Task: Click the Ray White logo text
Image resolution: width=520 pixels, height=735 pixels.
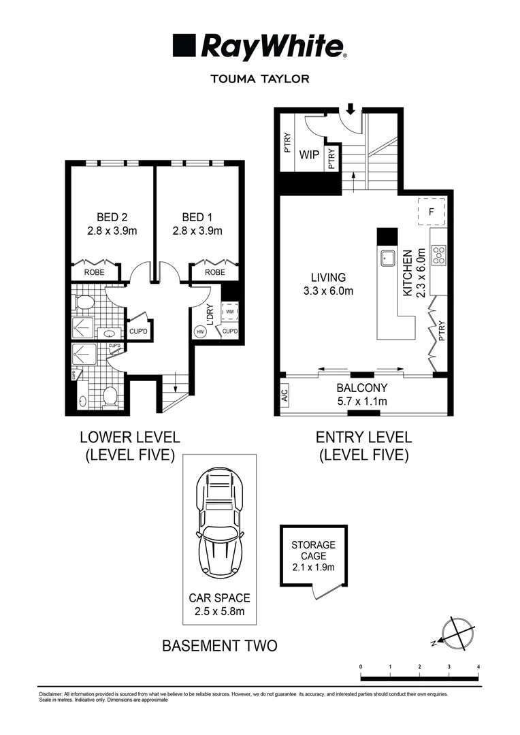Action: click(272, 48)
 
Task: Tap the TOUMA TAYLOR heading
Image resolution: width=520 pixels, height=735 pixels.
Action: click(260, 79)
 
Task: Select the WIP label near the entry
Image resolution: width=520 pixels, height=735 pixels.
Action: click(310, 155)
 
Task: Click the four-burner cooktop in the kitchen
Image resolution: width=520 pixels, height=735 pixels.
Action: click(438, 255)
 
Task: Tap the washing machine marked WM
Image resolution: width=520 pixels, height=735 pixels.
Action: click(230, 312)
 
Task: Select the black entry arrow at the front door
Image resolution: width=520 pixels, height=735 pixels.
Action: click(351, 109)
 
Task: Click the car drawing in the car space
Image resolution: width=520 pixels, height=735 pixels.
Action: click(219, 525)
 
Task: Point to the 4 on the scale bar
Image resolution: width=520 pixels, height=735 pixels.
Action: click(479, 666)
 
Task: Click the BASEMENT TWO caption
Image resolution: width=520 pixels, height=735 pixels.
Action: click(219, 645)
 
